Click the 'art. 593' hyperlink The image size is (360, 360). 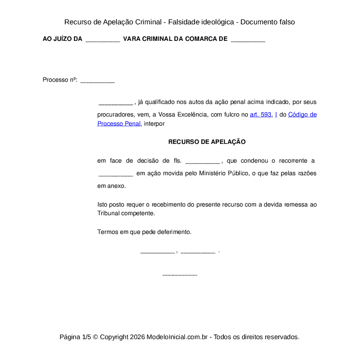tap(260, 115)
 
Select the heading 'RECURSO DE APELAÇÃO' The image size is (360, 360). tap(207, 142)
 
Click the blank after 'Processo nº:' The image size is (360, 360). tap(97, 80)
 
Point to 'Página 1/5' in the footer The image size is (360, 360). tap(75, 337)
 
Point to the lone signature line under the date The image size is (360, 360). tap(180, 275)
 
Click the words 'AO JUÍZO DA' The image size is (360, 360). tap(62, 39)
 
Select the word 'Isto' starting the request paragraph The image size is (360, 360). tap(102, 204)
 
